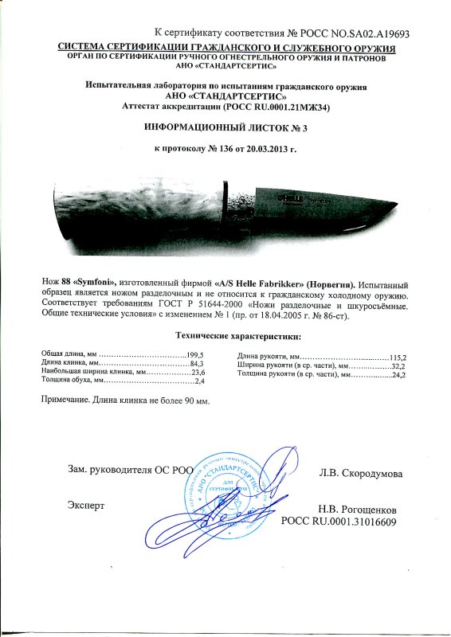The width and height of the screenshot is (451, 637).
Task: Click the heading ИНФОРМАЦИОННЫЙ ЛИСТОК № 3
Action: [x=225, y=127]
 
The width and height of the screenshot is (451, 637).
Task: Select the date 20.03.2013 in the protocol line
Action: [x=266, y=149]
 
